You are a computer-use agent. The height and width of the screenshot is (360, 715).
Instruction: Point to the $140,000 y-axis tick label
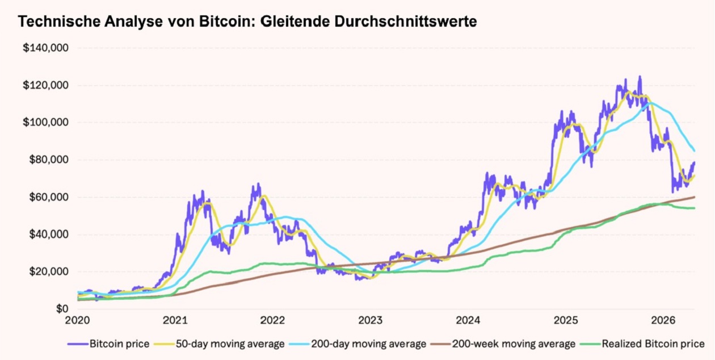45,48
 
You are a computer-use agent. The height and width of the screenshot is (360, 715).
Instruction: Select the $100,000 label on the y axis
45,123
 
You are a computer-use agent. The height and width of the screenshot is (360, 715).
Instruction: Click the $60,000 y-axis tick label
48,197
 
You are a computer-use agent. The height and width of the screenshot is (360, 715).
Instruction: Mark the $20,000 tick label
48,271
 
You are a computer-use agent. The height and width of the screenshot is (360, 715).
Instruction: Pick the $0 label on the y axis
61,309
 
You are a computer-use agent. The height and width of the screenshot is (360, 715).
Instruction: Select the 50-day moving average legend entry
224,344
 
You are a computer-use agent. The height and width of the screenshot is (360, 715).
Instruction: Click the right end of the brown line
695,197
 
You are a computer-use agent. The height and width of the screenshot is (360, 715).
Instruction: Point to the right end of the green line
695,208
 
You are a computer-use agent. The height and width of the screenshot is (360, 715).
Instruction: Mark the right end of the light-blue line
695,151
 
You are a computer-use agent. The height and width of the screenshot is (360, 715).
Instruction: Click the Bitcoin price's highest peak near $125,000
640,77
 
